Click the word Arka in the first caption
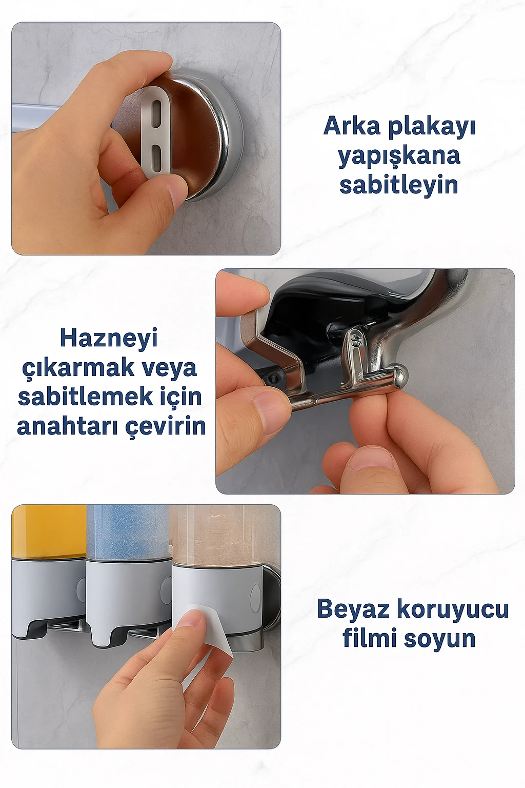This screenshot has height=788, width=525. (352, 126)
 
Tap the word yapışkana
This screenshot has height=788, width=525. (399, 156)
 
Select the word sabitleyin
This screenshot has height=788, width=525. (399, 185)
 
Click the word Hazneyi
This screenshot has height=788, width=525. (109, 338)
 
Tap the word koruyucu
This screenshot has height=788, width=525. (453, 609)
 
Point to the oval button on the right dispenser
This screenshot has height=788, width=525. (254, 598)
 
